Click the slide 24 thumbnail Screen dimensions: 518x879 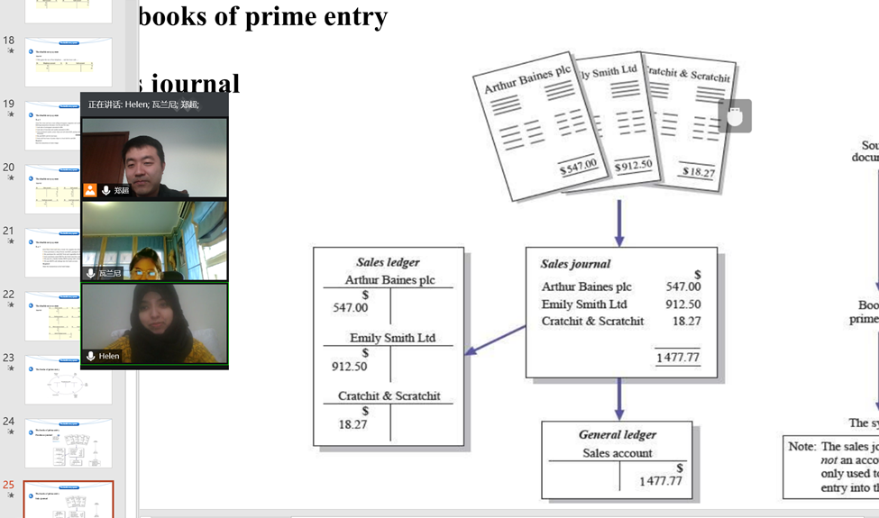(69, 442)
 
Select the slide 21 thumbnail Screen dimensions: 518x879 (69, 252)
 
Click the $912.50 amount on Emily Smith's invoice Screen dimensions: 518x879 (633, 166)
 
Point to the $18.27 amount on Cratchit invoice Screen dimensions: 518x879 (698, 171)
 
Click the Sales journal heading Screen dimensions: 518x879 (575, 264)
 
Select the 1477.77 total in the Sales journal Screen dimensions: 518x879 (677, 358)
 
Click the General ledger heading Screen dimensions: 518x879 (617, 434)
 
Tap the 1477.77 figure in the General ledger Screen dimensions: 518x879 (660, 481)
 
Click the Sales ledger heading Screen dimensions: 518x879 (388, 262)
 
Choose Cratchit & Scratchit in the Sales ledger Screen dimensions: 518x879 (389, 395)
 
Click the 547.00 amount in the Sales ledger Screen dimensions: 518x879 (350, 307)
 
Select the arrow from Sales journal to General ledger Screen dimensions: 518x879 (618, 398)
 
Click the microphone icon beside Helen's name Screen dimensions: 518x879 (90, 356)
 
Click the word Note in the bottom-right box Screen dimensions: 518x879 (801, 446)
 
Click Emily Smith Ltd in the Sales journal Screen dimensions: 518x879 (583, 304)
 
